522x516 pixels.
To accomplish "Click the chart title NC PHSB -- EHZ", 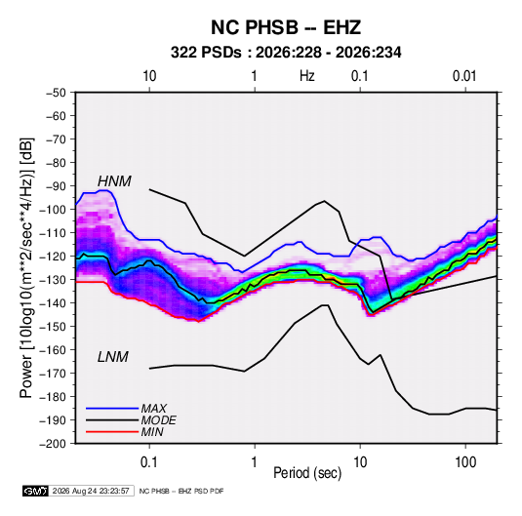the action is tap(286, 27).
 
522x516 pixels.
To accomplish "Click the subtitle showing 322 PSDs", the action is tap(286, 53).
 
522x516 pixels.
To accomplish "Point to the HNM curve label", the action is tap(114, 181).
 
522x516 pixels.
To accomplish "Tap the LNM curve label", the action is tap(113, 357).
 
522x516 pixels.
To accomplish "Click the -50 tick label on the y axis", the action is tap(56, 93).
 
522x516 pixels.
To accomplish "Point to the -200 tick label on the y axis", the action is tap(53, 444).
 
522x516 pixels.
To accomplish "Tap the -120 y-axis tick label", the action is tap(53, 257).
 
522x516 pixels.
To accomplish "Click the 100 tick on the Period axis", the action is tap(465, 462).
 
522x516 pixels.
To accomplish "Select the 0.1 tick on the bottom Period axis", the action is tap(149, 462).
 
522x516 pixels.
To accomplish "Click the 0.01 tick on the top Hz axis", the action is tap(464, 76).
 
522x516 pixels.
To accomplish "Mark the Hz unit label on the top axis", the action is tap(307, 76).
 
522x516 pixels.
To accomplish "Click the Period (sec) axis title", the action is tap(307, 473).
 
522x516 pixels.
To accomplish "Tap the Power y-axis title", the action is tap(26, 267).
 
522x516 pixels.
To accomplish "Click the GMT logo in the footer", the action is tap(36, 491).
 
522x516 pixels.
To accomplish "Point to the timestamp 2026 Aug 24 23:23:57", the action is tap(91, 491).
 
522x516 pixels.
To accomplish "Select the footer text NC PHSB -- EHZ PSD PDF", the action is tap(181, 491).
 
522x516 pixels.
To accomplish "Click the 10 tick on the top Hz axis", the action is tap(149, 76).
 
